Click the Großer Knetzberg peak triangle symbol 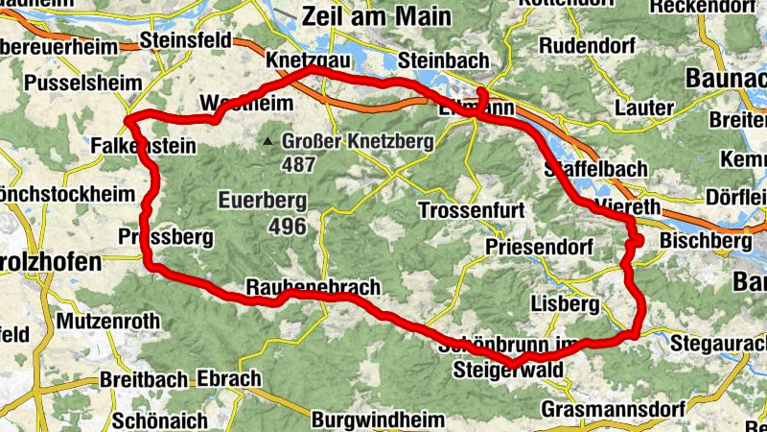coord(270,142)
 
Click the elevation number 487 coord(299,163)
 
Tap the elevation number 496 coord(288,227)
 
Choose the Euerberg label coord(262,202)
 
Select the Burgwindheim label coord(378,420)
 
